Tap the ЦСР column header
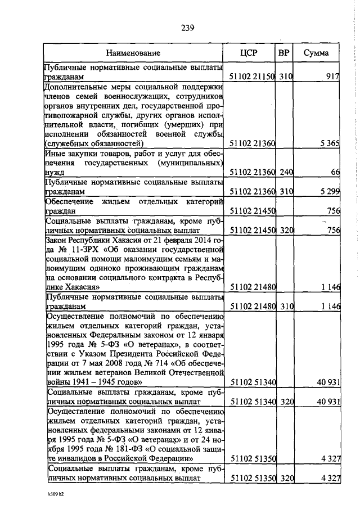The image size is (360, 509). click(x=249, y=53)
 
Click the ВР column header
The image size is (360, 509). click(x=284, y=53)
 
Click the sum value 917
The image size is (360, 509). click(x=331, y=76)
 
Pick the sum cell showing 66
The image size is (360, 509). click(x=334, y=170)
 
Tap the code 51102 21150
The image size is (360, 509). click(x=252, y=76)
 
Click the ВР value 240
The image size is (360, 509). click(x=286, y=170)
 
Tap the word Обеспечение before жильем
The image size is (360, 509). click(x=70, y=202)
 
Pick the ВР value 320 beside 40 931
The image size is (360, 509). click(x=286, y=403)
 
